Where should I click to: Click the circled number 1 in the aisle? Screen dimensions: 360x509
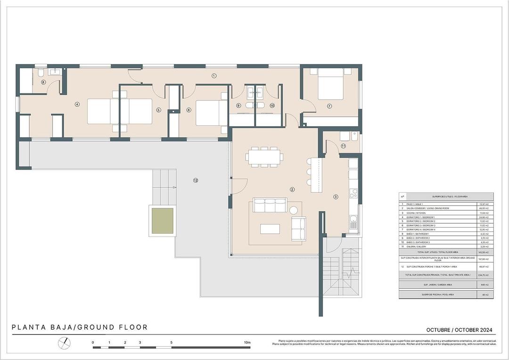point(213,75)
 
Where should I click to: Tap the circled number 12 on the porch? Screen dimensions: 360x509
point(196,180)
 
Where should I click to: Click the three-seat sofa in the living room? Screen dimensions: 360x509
point(270,205)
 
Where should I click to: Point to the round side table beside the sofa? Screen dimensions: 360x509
point(295,210)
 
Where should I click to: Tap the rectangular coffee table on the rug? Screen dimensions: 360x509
point(270,229)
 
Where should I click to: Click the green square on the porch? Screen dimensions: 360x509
point(162,221)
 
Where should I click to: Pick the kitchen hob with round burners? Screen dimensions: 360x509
point(353,194)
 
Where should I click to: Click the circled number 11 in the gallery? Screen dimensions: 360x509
point(343,146)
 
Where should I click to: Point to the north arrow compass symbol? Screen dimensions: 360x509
point(64,344)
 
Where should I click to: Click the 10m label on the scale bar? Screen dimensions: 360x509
point(247,343)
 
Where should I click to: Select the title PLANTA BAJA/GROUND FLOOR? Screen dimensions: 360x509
point(80,327)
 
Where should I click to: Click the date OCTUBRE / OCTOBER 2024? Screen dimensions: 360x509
point(460,330)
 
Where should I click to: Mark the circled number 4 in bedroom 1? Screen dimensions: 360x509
point(77,105)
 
